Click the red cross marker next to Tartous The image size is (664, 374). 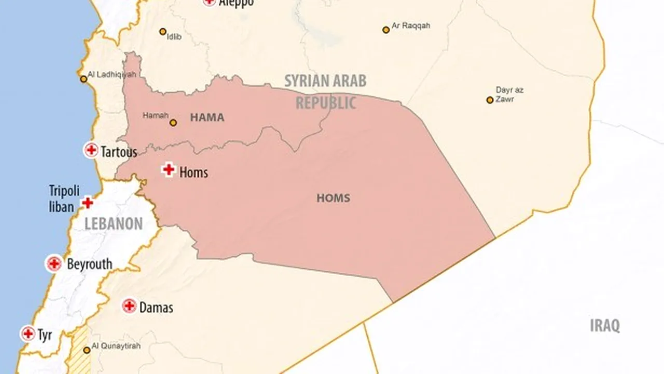coord(91,151)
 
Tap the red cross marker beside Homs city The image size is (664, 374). coord(168,169)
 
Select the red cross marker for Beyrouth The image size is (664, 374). coord(54,264)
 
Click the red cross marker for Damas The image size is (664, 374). coord(129,306)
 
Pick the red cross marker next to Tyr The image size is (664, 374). coord(28,333)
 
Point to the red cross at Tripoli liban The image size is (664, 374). coord(88,203)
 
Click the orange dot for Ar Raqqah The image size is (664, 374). coord(386,30)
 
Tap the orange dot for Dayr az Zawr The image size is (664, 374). coord(490,100)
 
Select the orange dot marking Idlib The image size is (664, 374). coord(162,32)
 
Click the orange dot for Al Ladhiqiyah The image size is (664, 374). coord(84,79)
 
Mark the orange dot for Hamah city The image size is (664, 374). coord(173,123)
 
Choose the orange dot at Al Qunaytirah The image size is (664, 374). coord(87,350)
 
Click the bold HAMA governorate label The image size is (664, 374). coord(207,117)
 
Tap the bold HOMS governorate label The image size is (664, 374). coord(333,198)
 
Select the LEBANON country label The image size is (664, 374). coord(114,224)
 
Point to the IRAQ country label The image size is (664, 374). coord(605,326)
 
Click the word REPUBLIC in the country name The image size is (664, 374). coord(326,102)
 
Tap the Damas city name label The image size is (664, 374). coord(156,308)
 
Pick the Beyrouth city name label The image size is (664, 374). coord(89,264)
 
